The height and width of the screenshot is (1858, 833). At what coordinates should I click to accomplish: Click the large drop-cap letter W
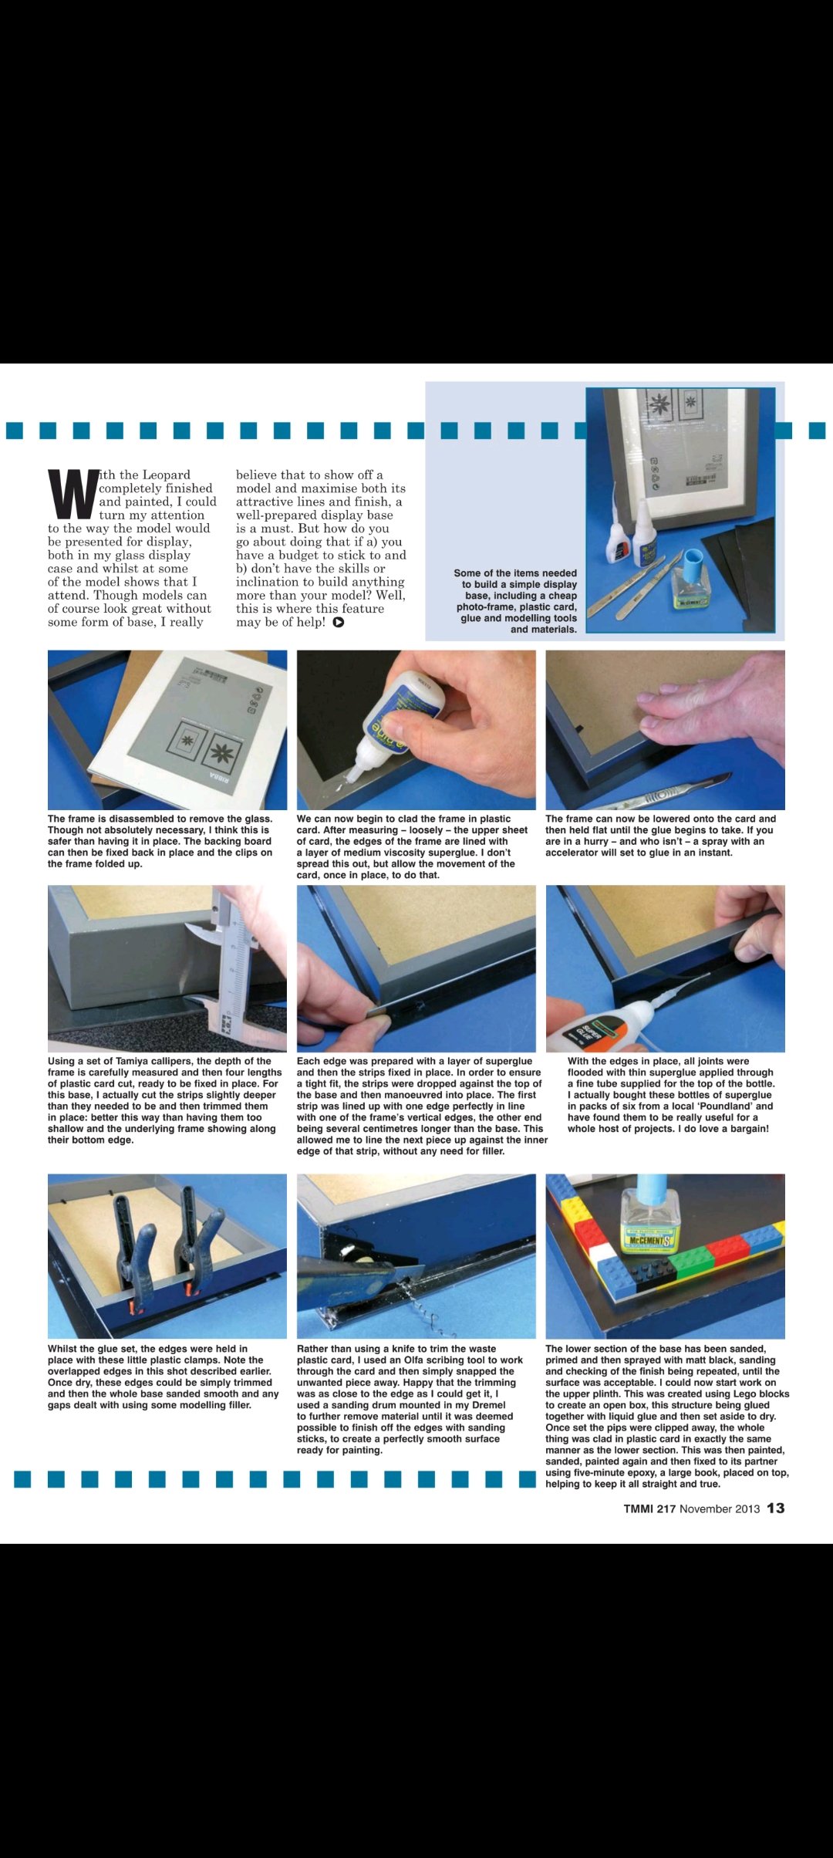click(x=73, y=494)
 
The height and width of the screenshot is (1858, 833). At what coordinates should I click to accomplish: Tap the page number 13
click(x=775, y=1508)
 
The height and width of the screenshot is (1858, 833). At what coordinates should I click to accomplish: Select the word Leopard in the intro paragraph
click(x=166, y=475)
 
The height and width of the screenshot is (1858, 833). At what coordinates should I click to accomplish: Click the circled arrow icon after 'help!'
click(x=338, y=623)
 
